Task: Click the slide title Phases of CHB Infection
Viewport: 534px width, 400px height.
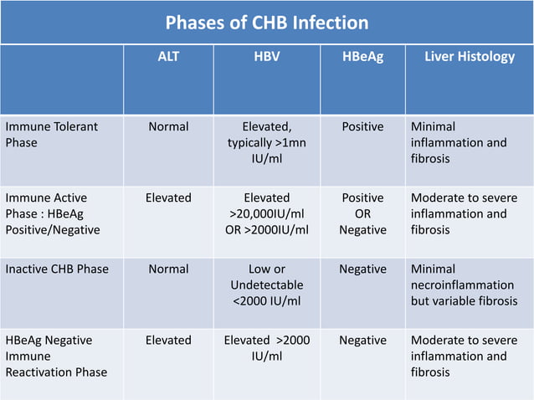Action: click(x=266, y=23)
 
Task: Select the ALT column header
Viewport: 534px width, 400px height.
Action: click(x=168, y=57)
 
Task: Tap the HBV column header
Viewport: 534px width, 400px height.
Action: click(x=267, y=57)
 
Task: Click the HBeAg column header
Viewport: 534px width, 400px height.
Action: click(x=362, y=57)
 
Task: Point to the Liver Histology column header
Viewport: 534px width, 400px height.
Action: click(x=470, y=57)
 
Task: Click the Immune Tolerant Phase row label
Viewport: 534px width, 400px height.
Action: click(x=52, y=135)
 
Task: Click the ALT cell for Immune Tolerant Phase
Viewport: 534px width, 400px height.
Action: click(x=168, y=127)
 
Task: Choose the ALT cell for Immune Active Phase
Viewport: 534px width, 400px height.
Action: click(x=168, y=198)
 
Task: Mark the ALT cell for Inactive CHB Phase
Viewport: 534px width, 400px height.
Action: click(x=168, y=269)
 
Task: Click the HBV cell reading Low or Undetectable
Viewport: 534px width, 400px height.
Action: click(x=267, y=285)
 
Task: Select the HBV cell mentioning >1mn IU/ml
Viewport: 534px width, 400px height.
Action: click(x=267, y=142)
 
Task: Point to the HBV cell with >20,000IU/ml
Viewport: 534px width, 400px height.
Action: click(x=267, y=213)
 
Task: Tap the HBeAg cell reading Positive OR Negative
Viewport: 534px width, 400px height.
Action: click(x=362, y=213)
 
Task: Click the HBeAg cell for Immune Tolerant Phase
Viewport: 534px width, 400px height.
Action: click(x=362, y=127)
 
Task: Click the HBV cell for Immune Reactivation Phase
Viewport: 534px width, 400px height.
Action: click(x=267, y=348)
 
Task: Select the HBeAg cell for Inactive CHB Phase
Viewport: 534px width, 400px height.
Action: click(x=362, y=269)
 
